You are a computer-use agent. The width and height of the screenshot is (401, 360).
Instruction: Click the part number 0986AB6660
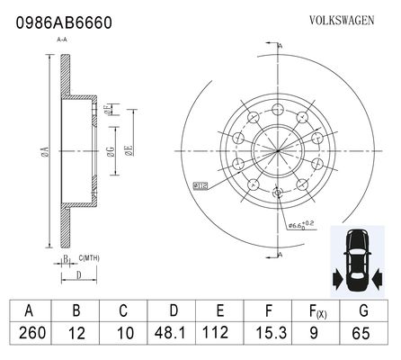pyautogui.click(x=64, y=22)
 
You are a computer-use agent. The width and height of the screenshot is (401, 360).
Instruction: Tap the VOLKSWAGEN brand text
pyautogui.click(x=342, y=21)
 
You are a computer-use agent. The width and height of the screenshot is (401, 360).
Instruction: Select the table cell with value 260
pyautogui.click(x=32, y=333)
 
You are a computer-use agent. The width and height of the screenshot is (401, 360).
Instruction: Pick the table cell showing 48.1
pyautogui.click(x=170, y=333)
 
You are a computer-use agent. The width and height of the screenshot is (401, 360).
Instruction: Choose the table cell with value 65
pyautogui.click(x=361, y=333)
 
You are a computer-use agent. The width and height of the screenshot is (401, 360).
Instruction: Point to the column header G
pyautogui.click(x=363, y=310)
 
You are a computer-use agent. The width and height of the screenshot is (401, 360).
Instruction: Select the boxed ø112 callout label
pyautogui.click(x=200, y=186)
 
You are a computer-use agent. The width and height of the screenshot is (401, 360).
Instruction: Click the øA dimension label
pyautogui.click(x=45, y=151)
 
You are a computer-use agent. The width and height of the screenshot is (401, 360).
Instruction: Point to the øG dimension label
pyautogui.click(x=111, y=151)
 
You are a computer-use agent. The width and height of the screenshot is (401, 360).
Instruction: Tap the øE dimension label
pyautogui.click(x=129, y=150)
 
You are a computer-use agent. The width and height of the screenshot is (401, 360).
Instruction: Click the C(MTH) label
pyautogui.click(x=89, y=258)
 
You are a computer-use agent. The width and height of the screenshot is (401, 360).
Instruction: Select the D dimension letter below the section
pyautogui.click(x=79, y=275)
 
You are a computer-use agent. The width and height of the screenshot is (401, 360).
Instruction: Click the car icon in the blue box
pyautogui.click(x=357, y=260)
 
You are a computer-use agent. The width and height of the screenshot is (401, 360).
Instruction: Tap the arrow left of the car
pyautogui.click(x=337, y=279)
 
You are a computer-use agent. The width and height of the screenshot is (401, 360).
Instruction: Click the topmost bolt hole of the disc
pyautogui.click(x=278, y=109)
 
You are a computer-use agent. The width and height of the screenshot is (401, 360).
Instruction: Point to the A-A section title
pyautogui.click(x=62, y=40)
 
